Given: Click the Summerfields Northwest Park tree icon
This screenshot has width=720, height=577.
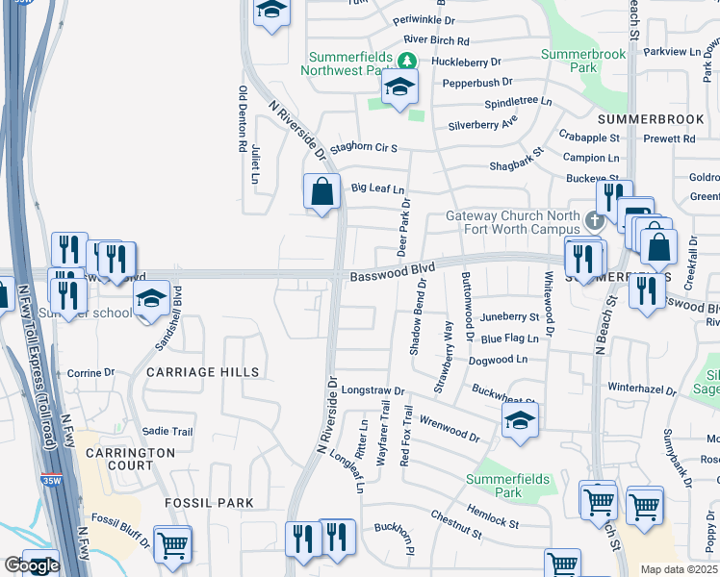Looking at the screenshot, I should coord(407,61).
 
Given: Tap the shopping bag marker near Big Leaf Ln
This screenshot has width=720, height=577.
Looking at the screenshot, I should coord(322,191).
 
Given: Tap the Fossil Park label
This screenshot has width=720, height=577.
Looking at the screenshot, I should coord(209,503).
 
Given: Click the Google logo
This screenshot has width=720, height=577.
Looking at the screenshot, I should coord(31,565).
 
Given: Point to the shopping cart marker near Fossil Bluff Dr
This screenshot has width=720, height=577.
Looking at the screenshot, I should coord(172,544).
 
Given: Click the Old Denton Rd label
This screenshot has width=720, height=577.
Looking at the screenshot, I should coord(242,120).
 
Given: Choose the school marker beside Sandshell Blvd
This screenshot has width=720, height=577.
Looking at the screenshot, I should coord(151,299).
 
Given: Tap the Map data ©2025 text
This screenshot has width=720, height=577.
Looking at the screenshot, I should coord(680,570).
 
